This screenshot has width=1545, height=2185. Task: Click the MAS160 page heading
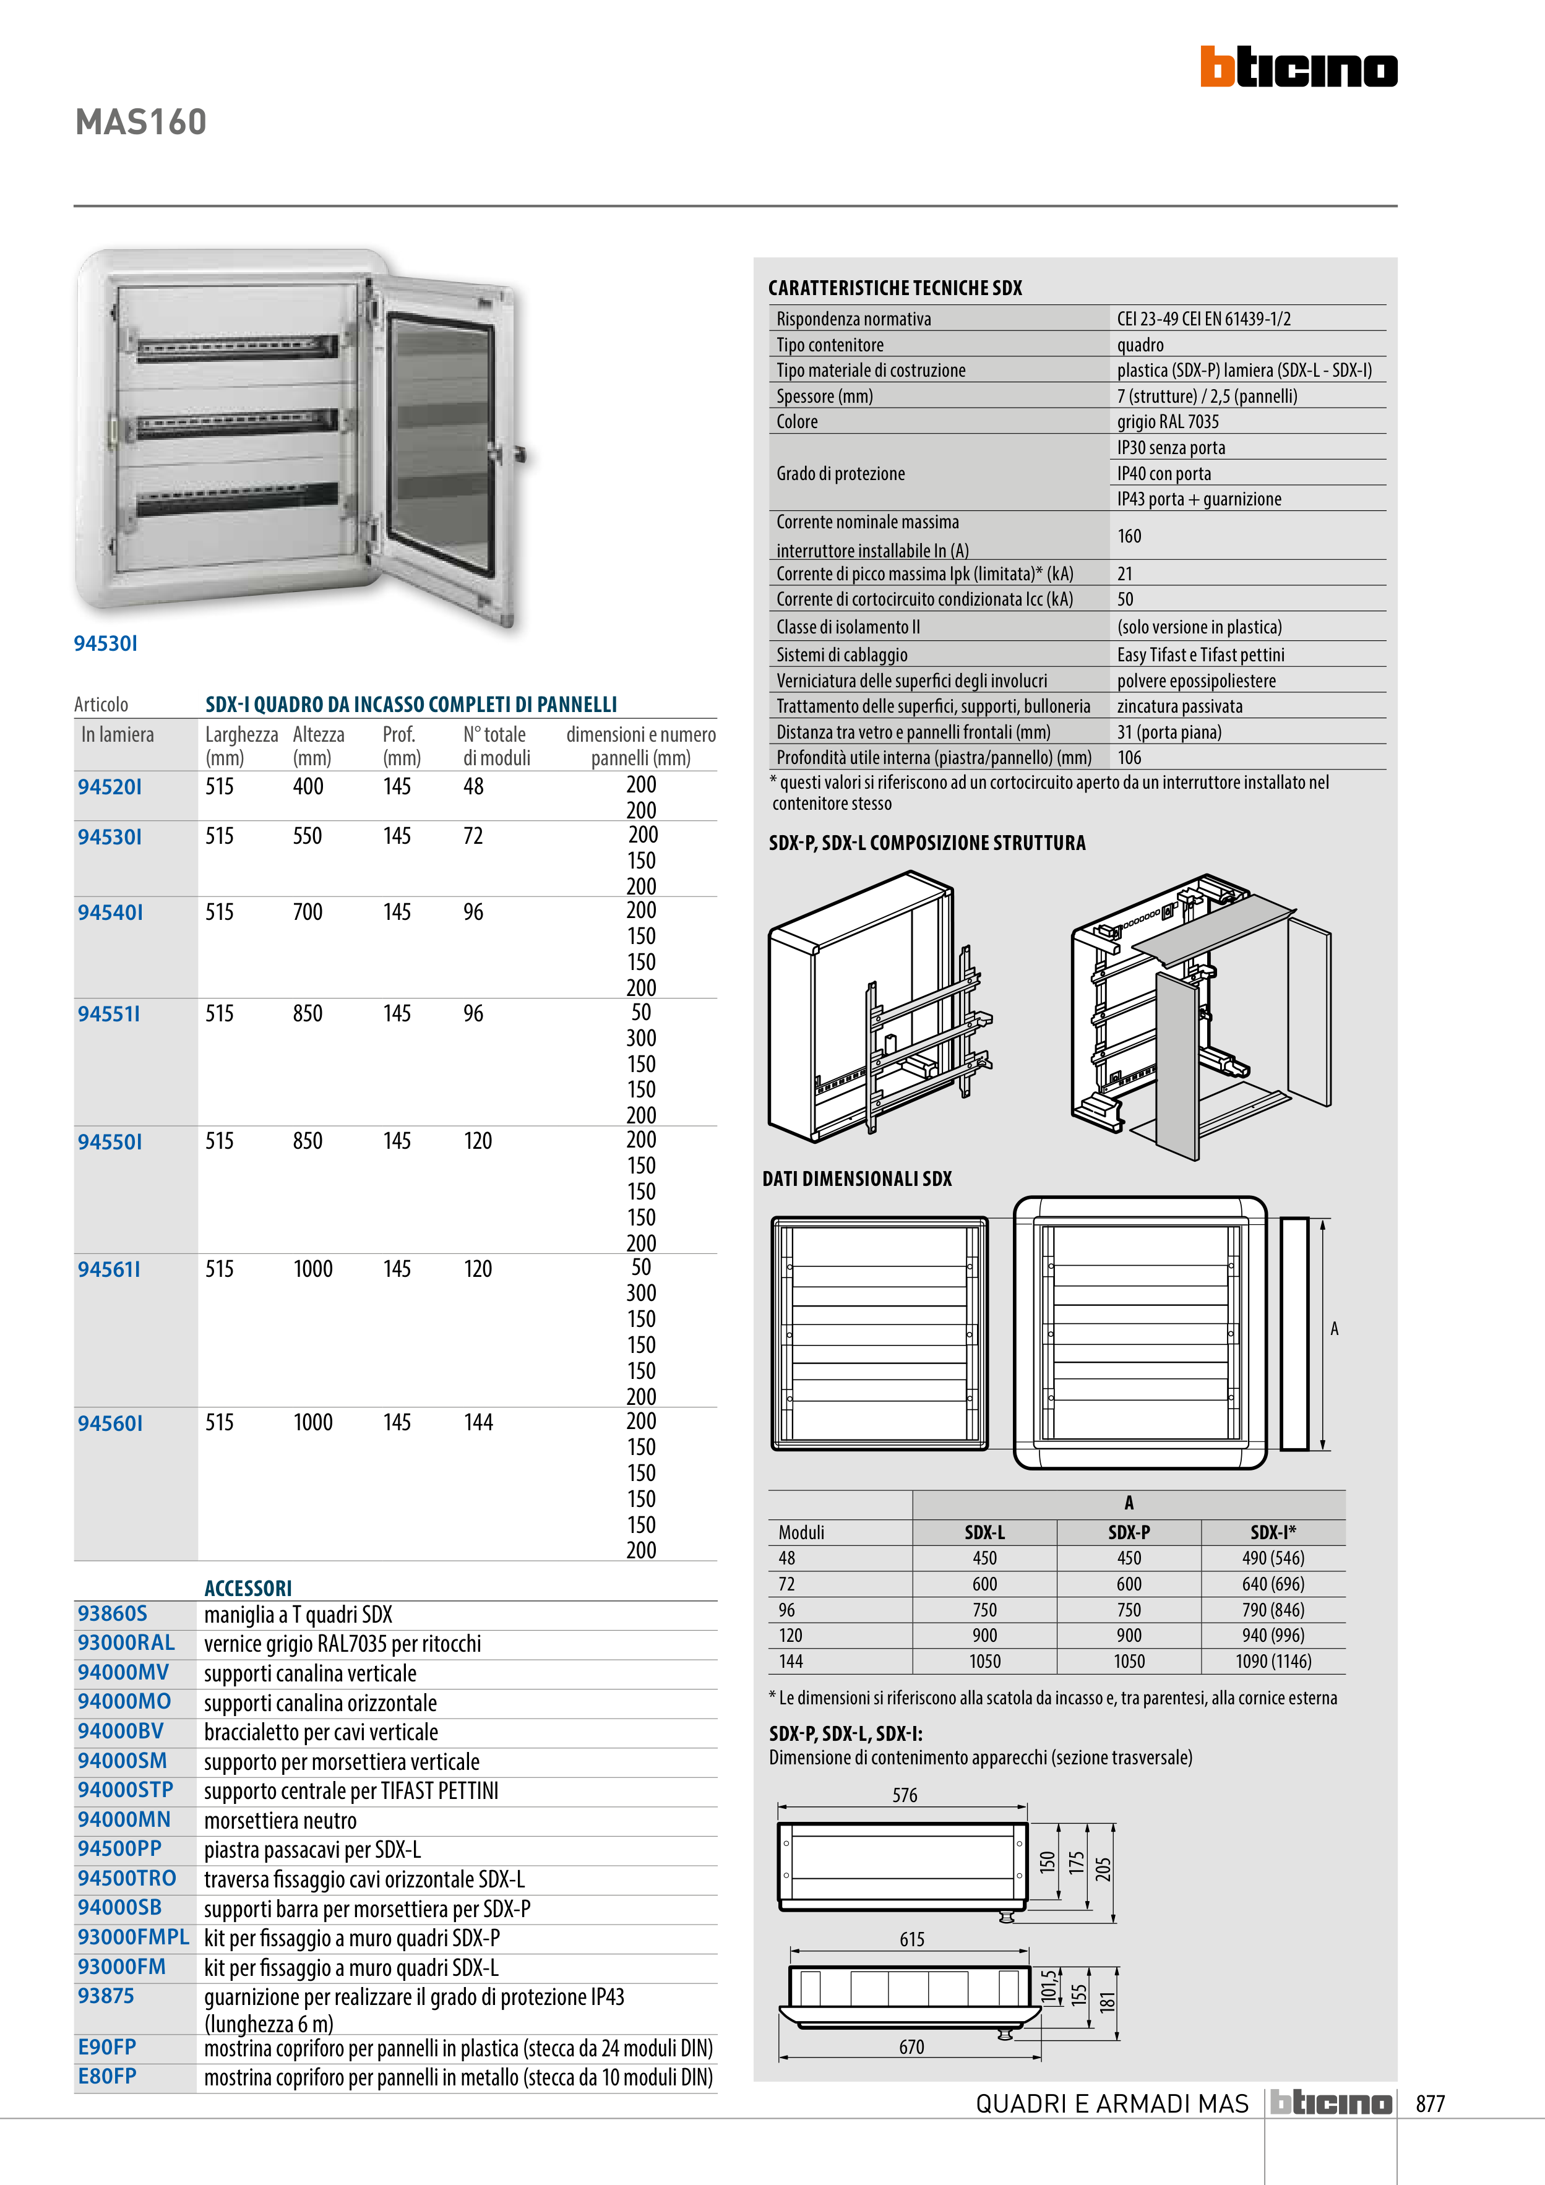(141, 122)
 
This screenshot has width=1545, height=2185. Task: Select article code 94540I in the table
(110, 912)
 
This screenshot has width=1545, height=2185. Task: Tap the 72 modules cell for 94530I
(473, 836)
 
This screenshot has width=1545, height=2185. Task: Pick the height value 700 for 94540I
(308, 912)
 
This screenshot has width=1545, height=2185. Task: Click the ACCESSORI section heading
(247, 1587)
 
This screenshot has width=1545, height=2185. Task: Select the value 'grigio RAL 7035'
(1168, 421)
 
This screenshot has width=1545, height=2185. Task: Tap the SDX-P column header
(1129, 1532)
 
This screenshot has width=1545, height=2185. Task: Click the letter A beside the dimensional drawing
(1335, 1329)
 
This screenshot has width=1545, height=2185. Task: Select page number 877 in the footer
(1430, 2103)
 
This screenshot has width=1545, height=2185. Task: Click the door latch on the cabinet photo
(520, 454)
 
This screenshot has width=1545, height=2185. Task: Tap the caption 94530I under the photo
(106, 643)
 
